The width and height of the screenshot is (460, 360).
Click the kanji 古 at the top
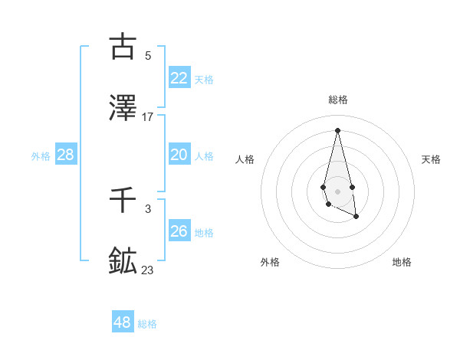tap(123, 47)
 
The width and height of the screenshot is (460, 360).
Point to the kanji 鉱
tap(123, 261)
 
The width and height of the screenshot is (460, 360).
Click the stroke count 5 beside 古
tap(148, 55)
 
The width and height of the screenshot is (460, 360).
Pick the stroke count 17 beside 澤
tap(148, 117)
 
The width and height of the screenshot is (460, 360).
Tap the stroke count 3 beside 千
tap(148, 208)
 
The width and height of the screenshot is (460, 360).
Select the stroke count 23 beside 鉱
tap(148, 270)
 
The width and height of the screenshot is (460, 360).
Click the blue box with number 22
tap(179, 78)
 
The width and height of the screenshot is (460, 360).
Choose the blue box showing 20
tap(179, 155)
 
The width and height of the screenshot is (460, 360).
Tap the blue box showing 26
tap(179, 231)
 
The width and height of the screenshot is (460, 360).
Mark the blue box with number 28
tap(66, 155)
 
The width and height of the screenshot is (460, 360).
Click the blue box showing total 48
tap(123, 322)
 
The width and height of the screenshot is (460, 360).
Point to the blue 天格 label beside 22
tap(204, 80)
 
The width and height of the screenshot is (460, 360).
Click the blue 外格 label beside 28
tap(41, 156)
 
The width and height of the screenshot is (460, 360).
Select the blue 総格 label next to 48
tap(147, 324)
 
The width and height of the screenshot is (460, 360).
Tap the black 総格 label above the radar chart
tap(338, 100)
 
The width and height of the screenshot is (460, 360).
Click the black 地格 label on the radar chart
tap(402, 262)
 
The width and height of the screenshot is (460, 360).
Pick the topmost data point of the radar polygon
tap(337, 129)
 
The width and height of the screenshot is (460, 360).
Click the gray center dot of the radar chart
tap(337, 190)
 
